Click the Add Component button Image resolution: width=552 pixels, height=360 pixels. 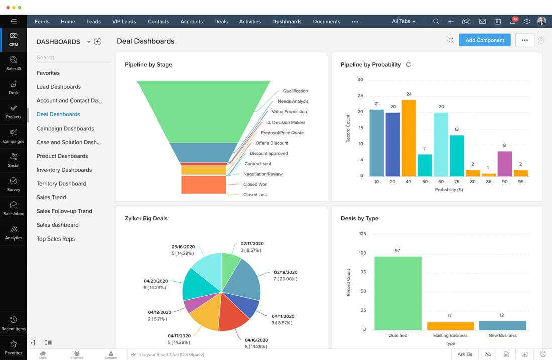484,40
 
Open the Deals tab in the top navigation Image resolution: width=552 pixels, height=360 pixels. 221,22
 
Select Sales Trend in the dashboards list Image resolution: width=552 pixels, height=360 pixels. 51,197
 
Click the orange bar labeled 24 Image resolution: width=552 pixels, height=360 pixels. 408,138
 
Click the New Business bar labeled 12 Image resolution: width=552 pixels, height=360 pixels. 502,325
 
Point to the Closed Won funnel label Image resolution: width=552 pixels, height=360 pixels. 255,184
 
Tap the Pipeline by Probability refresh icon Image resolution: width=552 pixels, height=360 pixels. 408,65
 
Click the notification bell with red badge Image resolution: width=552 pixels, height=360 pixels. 512,22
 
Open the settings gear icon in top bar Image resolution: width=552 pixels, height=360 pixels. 527,22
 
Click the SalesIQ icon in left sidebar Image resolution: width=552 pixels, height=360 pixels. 14,63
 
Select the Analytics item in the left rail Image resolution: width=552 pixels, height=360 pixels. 14,232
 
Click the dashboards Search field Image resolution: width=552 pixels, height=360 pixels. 73,58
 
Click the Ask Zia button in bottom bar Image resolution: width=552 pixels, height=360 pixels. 465,354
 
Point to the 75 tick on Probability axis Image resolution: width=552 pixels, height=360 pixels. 456,181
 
